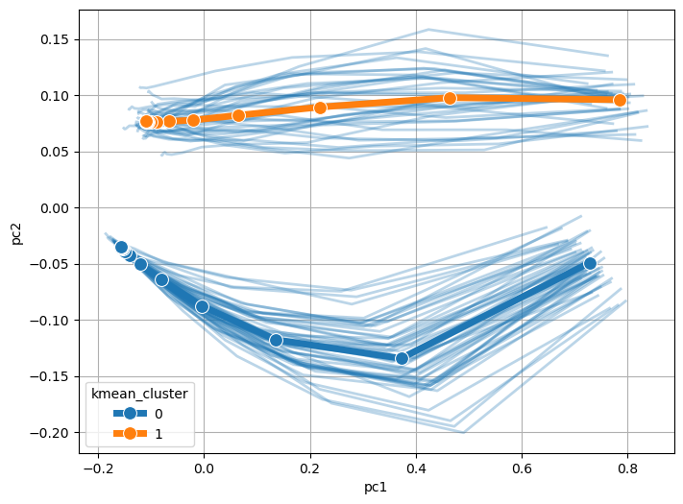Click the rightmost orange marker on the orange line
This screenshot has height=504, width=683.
[x=620, y=100]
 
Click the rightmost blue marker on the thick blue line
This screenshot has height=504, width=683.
[x=590, y=263]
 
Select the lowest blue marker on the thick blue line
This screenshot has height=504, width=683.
[x=402, y=358]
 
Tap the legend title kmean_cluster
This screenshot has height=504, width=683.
[x=140, y=392]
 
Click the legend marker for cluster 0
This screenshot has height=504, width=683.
[x=130, y=413]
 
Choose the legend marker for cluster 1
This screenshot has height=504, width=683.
[x=130, y=433]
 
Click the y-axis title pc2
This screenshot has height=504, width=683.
[x=17, y=230]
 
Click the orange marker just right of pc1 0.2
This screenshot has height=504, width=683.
[x=320, y=108]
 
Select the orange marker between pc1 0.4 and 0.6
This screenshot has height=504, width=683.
[x=450, y=98]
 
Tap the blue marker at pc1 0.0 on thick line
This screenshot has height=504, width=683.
[x=202, y=306]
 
